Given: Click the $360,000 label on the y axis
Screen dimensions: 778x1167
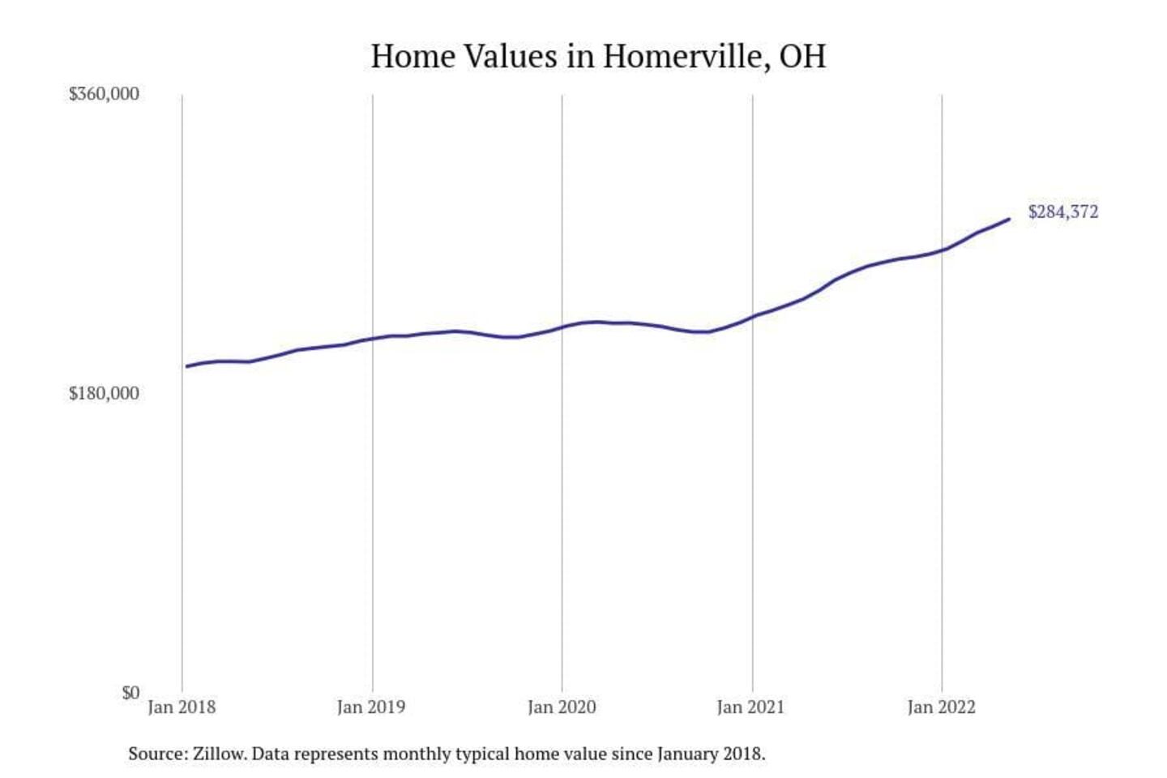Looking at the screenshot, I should pyautogui.click(x=104, y=94).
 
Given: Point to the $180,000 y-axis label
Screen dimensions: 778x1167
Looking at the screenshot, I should pyautogui.click(x=104, y=394).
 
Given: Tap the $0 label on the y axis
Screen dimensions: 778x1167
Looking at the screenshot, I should pyautogui.click(x=130, y=693).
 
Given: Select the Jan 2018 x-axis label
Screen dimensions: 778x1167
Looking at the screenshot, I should pyautogui.click(x=182, y=707).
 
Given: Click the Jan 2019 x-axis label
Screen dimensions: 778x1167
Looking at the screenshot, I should pyautogui.click(x=371, y=707).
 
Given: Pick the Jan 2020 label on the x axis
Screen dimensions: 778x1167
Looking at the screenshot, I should pyautogui.click(x=562, y=707).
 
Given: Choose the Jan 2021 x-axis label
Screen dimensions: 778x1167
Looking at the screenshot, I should pyautogui.click(x=751, y=707).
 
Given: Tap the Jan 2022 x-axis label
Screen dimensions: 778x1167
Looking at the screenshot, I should pyautogui.click(x=941, y=707).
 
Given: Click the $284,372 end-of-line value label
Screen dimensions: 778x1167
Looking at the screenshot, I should pyautogui.click(x=1063, y=212).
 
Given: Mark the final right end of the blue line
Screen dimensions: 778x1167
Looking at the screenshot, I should pyautogui.click(x=1009, y=219).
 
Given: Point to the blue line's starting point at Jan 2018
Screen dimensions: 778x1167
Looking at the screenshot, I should pyautogui.click(x=186, y=366).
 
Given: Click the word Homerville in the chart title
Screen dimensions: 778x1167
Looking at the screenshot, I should pyautogui.click(x=686, y=57).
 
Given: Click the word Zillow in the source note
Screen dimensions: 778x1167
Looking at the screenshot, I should pyautogui.click(x=219, y=754).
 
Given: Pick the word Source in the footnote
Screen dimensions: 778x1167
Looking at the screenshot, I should pyautogui.click(x=156, y=754).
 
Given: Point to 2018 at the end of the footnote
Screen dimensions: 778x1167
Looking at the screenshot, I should pyautogui.click(x=744, y=754).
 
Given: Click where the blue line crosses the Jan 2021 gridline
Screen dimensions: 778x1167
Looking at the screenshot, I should pyautogui.click(x=753, y=316).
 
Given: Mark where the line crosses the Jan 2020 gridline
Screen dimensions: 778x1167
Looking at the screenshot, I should pyautogui.click(x=562, y=327).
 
